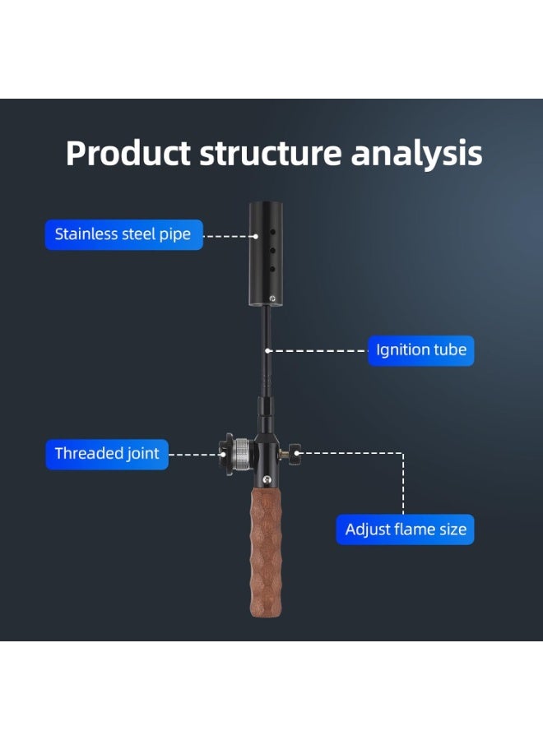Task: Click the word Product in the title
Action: pos(128,154)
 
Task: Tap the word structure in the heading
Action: pos(271,154)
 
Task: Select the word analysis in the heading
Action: pos(416,155)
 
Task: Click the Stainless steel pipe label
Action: pos(123,234)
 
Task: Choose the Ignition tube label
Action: pos(420,350)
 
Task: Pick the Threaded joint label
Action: pos(107,454)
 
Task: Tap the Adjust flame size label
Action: pos(405,530)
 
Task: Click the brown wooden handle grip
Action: pos(266,551)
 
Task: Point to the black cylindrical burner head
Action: pos(266,254)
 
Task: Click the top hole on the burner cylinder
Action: pos(272,232)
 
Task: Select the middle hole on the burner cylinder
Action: pos(272,250)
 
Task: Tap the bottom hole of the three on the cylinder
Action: pos(272,269)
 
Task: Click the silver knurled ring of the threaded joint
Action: pos(244,454)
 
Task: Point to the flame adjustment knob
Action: pos(295,454)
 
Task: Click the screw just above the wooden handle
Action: pos(267,480)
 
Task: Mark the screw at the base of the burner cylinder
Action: pos(272,298)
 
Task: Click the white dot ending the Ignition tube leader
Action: pos(267,350)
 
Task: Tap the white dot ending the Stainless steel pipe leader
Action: pos(256,237)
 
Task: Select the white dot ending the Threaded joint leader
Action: pos(223,455)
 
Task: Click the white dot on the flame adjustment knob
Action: pos(297,453)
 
